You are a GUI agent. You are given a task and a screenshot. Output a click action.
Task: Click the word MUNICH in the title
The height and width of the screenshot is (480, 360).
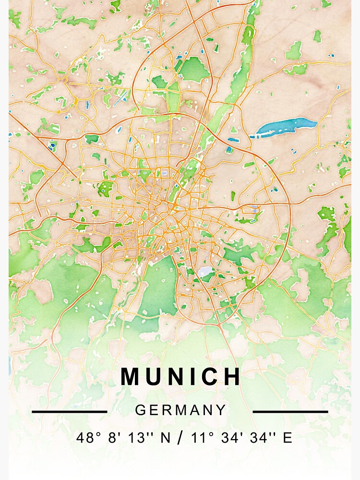point(180,377)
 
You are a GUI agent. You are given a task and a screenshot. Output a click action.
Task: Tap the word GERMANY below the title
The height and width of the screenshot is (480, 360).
point(180,410)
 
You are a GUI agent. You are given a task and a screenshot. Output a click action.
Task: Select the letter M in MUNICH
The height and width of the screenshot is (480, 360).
point(131,377)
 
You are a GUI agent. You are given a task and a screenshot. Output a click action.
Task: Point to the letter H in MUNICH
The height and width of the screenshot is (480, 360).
point(232,377)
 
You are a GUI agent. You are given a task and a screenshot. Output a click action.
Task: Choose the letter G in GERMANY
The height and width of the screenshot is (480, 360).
point(140,410)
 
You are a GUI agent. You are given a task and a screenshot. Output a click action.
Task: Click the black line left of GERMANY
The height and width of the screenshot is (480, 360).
point(70,411)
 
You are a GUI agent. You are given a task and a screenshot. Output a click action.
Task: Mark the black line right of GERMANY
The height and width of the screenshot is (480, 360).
point(290,411)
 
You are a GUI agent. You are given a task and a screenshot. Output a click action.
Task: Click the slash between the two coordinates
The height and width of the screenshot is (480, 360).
point(180,438)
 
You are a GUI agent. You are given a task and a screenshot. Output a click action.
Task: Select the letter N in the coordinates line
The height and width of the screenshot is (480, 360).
point(163,438)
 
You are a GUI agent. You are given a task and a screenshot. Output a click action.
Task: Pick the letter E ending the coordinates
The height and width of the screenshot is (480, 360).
point(288,438)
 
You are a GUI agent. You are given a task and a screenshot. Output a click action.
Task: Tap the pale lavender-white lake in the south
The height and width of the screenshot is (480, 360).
point(206,272)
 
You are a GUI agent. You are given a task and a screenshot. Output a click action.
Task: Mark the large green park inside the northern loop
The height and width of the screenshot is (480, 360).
point(194,70)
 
